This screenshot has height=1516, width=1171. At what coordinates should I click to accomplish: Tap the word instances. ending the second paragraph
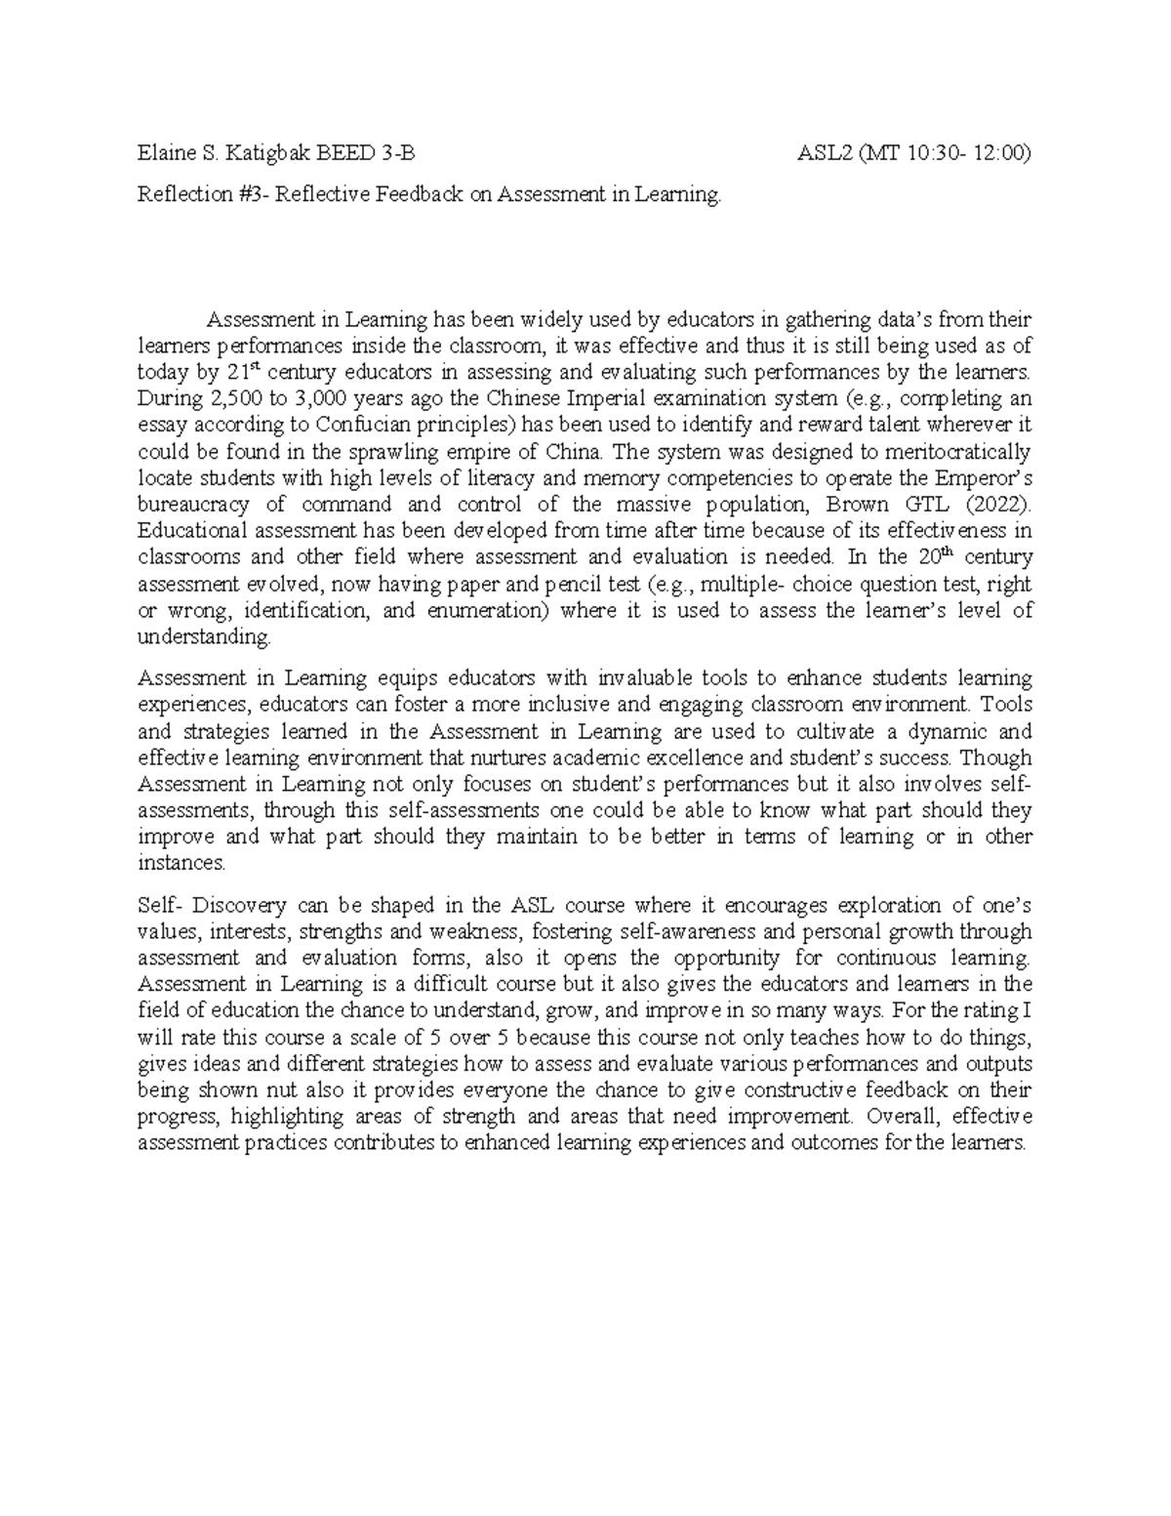tap(182, 862)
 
